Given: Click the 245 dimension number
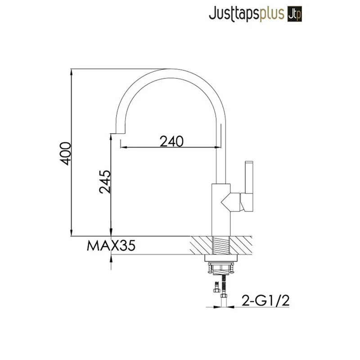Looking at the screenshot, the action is [104, 181].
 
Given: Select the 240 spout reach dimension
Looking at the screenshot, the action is [171, 141].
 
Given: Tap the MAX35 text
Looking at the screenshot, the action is [111, 246].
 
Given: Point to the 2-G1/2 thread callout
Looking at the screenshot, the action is [265, 300].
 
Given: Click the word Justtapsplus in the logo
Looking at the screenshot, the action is [247, 14].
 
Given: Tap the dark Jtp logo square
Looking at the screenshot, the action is [295, 14].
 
